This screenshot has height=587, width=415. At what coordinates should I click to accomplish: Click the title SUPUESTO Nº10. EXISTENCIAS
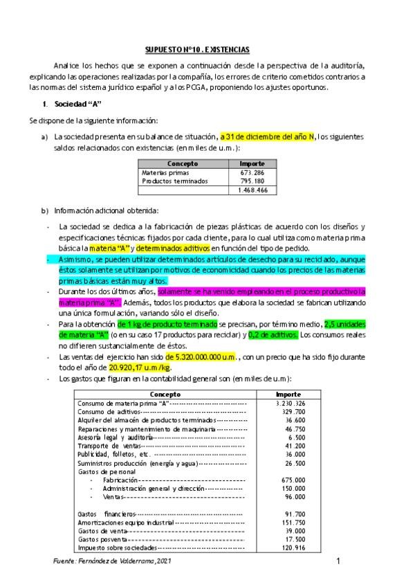(x=197, y=50)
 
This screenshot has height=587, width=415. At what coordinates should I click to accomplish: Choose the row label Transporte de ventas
(x=111, y=446)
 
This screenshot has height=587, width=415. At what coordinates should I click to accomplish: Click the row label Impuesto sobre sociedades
(x=117, y=547)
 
